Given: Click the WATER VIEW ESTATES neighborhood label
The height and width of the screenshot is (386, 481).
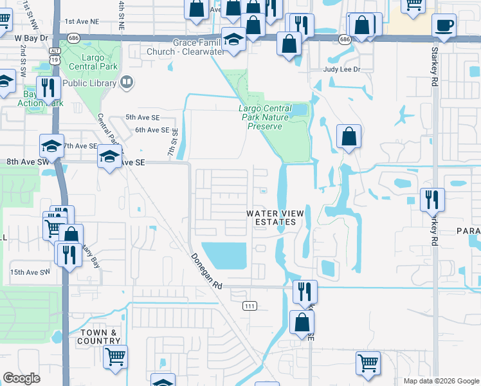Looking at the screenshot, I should (x=273, y=217).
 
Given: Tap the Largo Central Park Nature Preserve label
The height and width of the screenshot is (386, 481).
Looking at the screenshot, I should (x=266, y=117).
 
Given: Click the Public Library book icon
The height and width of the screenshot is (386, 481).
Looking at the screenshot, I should (x=127, y=82).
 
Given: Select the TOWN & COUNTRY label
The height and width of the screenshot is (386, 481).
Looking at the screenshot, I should (x=98, y=336).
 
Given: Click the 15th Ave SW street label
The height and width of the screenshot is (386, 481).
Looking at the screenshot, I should (x=30, y=272).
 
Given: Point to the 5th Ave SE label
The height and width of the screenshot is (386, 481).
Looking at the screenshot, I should (x=142, y=117).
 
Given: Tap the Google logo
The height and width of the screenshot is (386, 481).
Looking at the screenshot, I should (x=22, y=378).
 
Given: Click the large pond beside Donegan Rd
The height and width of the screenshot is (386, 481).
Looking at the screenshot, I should (x=224, y=255).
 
